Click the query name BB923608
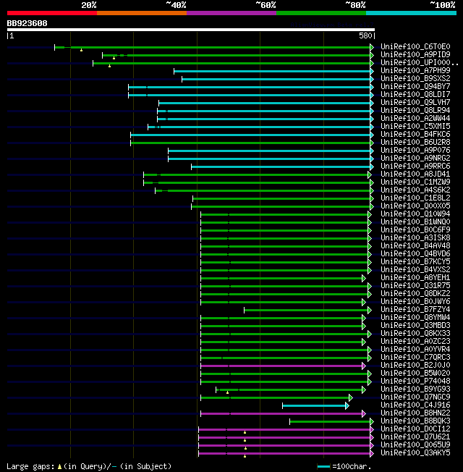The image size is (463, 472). point(27,23)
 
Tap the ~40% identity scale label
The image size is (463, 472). point(176,5)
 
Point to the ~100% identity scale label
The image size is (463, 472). point(442,5)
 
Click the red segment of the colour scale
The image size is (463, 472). point(51,13)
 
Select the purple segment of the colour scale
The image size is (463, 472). point(231,13)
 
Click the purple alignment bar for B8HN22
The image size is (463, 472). point(282,413)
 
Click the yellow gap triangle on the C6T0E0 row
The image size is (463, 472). point(81,50)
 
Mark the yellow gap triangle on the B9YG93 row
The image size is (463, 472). point(227,392)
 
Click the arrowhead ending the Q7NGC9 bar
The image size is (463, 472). point(351,397)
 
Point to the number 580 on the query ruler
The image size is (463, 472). point(365,35)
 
